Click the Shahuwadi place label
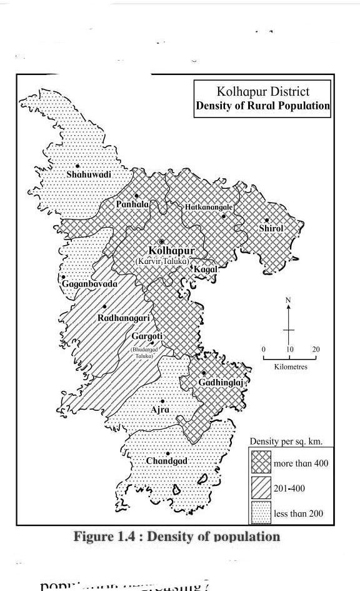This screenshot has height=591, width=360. point(89,174)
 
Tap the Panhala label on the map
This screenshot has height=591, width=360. point(132,205)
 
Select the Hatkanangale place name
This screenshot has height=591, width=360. point(209,207)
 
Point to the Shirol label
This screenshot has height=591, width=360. point(271,228)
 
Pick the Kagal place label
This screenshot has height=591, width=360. point(206,269)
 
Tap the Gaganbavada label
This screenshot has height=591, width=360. point(89,284)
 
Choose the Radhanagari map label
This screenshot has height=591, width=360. point(124,318)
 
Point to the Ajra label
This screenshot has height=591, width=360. point(161,410)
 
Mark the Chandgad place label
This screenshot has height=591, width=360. point(167,461)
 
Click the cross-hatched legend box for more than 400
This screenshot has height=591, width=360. point(261,463)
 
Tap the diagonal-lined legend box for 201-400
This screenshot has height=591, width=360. point(261,488)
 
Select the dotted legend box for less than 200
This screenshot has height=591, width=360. point(261,513)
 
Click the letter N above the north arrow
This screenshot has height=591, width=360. point(288,300)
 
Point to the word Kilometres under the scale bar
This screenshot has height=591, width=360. point(291,367)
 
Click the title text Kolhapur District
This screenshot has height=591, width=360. point(262,92)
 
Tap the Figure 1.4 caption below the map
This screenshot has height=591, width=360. point(177,537)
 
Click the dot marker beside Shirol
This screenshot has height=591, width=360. point(267,220)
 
